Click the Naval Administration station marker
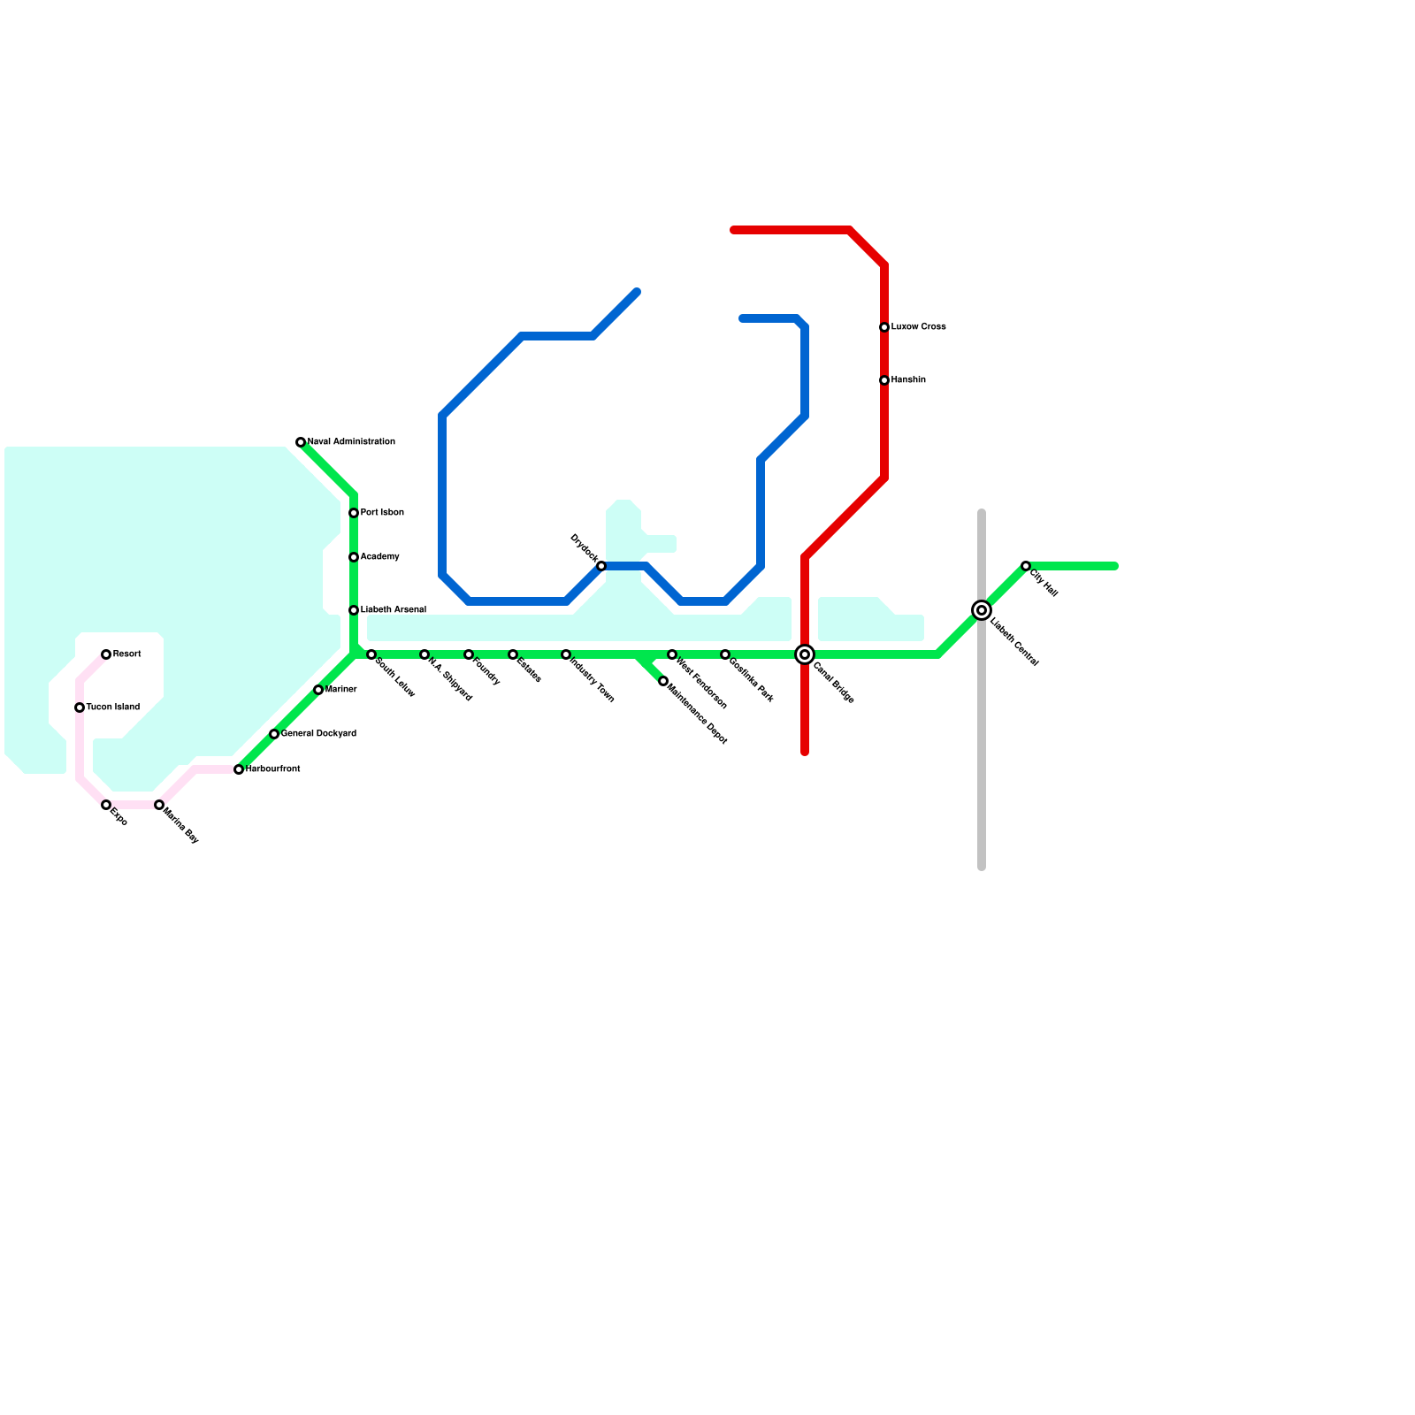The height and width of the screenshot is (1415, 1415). click(301, 442)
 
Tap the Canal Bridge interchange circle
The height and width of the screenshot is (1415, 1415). click(805, 654)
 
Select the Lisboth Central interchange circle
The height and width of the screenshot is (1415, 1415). click(982, 610)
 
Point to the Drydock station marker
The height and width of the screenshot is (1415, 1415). click(601, 566)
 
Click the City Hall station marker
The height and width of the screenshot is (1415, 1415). click(1026, 566)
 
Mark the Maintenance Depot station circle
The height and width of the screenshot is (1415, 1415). click(663, 681)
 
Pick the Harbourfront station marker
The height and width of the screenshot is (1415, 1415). click(239, 769)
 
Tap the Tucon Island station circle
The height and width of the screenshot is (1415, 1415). click(80, 707)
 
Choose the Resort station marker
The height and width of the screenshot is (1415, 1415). click(106, 654)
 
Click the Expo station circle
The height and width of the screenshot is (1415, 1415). click(106, 805)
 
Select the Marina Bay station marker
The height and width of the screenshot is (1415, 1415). click(159, 805)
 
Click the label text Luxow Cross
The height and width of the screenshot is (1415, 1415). click(918, 327)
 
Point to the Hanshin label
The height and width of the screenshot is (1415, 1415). click(908, 380)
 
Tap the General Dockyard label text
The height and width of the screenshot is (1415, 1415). click(318, 734)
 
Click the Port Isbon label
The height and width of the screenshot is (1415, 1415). click(382, 513)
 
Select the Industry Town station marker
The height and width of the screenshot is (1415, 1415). click(566, 654)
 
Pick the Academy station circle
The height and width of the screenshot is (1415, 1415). click(354, 557)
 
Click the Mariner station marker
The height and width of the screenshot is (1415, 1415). click(318, 690)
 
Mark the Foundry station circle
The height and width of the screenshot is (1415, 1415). click(469, 654)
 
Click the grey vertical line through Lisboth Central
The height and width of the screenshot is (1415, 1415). click(982, 752)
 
